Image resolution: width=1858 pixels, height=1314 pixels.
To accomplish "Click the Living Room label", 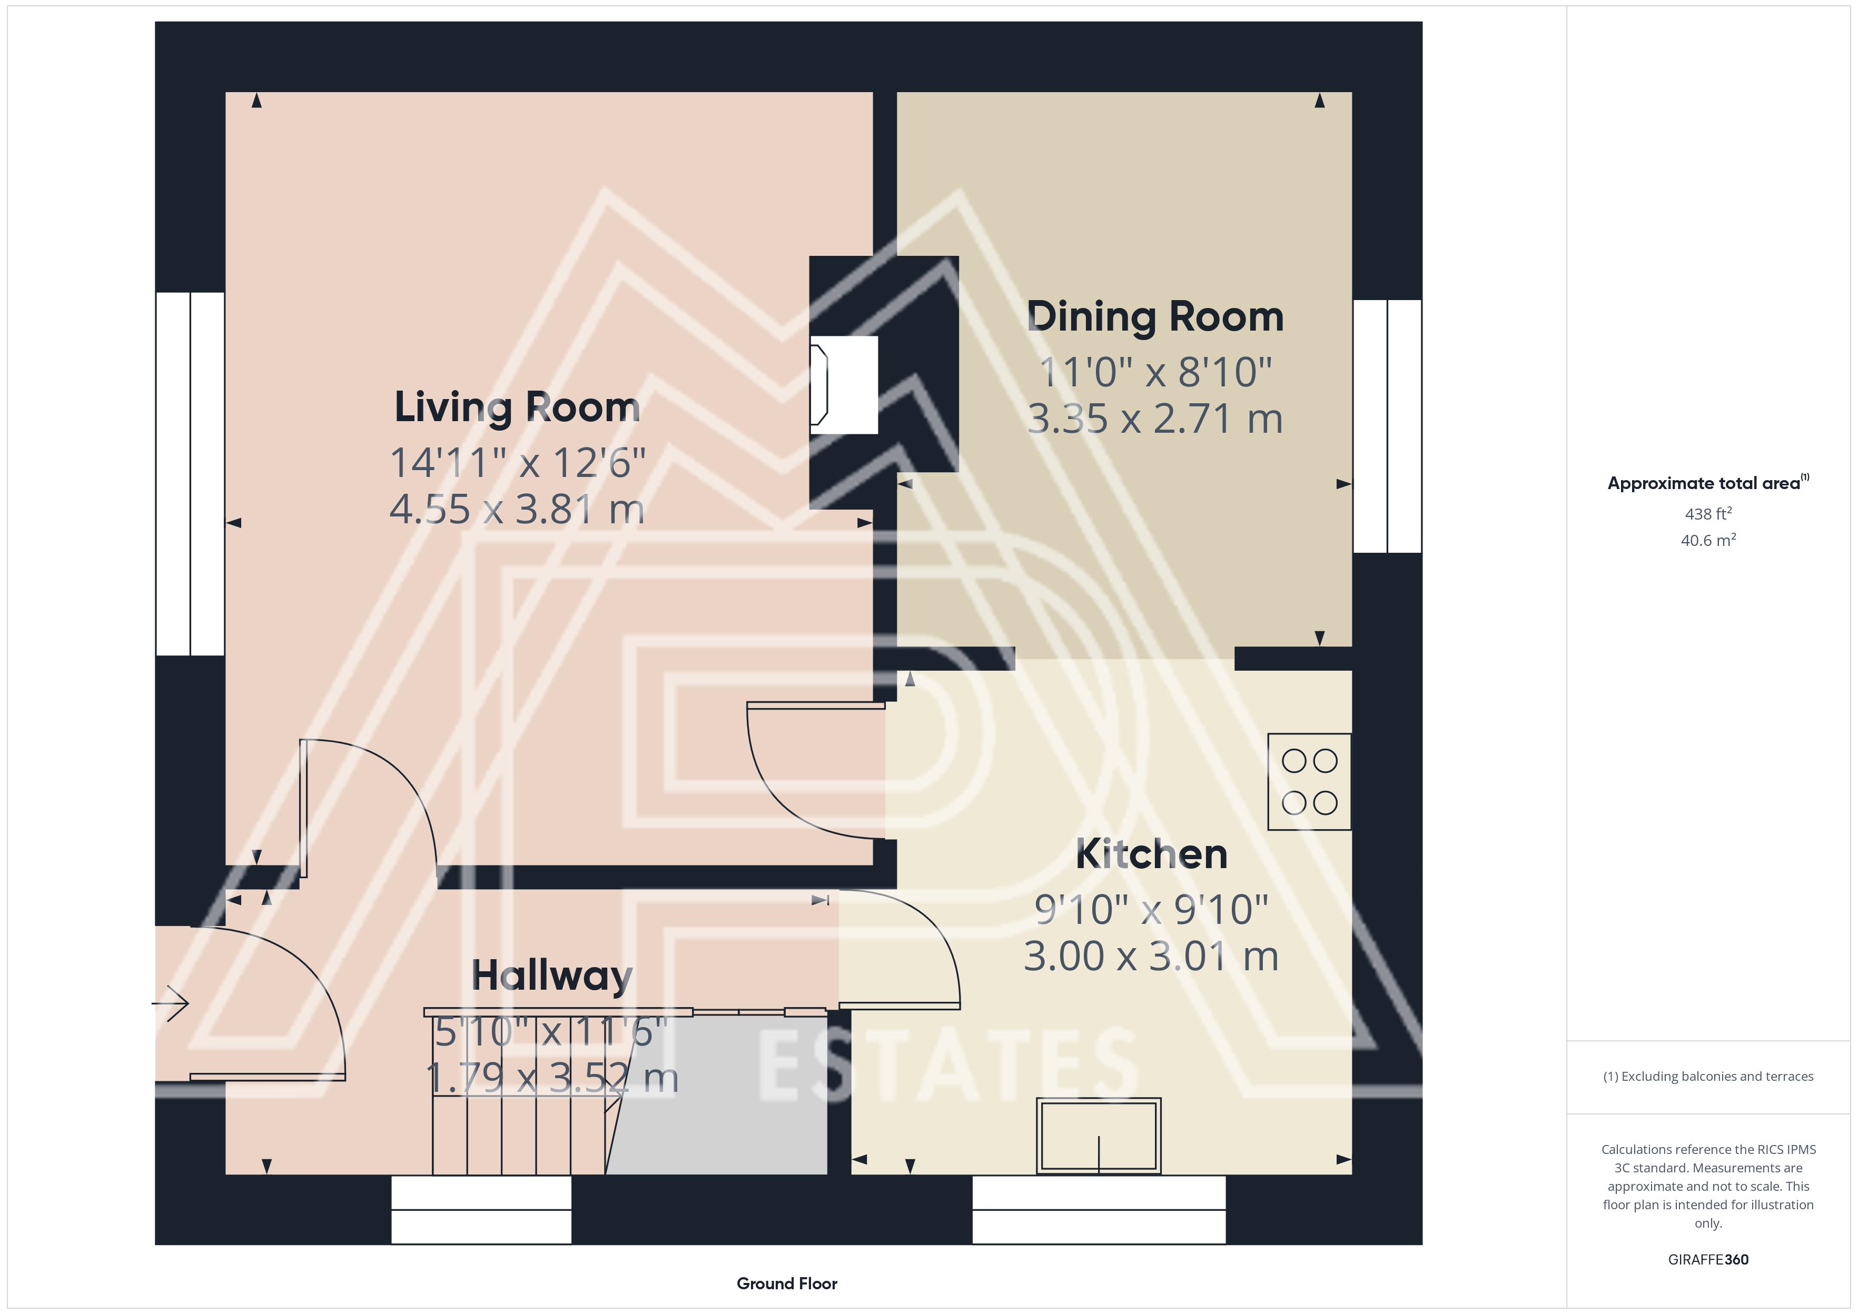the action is (517, 407).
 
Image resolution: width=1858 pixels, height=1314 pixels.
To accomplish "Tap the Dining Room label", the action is (1155, 317).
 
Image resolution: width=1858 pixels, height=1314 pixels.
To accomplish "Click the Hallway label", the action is (552, 976).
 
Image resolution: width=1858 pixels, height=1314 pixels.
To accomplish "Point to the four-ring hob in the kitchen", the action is (1309, 782).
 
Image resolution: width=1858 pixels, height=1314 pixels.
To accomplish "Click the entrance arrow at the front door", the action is (171, 1004).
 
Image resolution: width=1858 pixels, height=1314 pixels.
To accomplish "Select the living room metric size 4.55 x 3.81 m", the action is (517, 510).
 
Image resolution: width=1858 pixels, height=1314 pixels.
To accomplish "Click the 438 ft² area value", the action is (1708, 514).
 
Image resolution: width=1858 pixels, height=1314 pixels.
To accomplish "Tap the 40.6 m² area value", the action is (1708, 540).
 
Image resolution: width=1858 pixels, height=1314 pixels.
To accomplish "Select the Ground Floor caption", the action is (787, 1283).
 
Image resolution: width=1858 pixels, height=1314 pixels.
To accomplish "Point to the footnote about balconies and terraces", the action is (1708, 1076).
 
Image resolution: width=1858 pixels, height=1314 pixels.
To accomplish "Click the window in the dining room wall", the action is (1388, 426).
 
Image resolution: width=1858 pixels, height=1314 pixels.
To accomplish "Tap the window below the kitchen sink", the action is (1099, 1210).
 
